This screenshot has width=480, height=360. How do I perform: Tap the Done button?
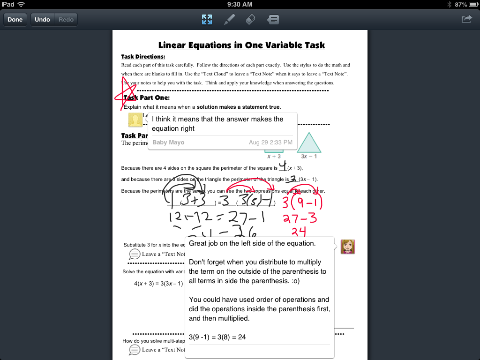pos(15,20)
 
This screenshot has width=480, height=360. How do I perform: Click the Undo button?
pos(42,20)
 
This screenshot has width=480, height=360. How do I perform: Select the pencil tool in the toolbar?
pos(229,20)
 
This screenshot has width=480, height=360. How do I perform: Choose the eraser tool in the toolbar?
pos(250,20)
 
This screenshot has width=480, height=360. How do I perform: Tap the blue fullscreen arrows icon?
pos(207,20)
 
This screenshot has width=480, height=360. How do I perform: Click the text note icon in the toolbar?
pos(273,20)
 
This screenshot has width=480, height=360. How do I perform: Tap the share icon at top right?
pos(466,19)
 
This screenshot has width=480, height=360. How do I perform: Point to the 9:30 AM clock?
pos(240,4)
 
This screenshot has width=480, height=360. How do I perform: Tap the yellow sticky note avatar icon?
pos(135,120)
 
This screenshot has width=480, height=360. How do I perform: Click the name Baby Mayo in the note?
pos(168,142)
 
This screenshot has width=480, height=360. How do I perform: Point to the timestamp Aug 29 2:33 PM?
pos(270,142)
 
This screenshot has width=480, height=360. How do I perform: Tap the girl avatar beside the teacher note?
pos(347,247)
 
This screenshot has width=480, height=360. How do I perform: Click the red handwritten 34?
pos(299,231)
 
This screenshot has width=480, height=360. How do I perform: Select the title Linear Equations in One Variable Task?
pos(241,45)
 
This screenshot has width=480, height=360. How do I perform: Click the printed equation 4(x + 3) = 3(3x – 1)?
pos(158,284)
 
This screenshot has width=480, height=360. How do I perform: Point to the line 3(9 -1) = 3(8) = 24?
pos(217,337)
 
